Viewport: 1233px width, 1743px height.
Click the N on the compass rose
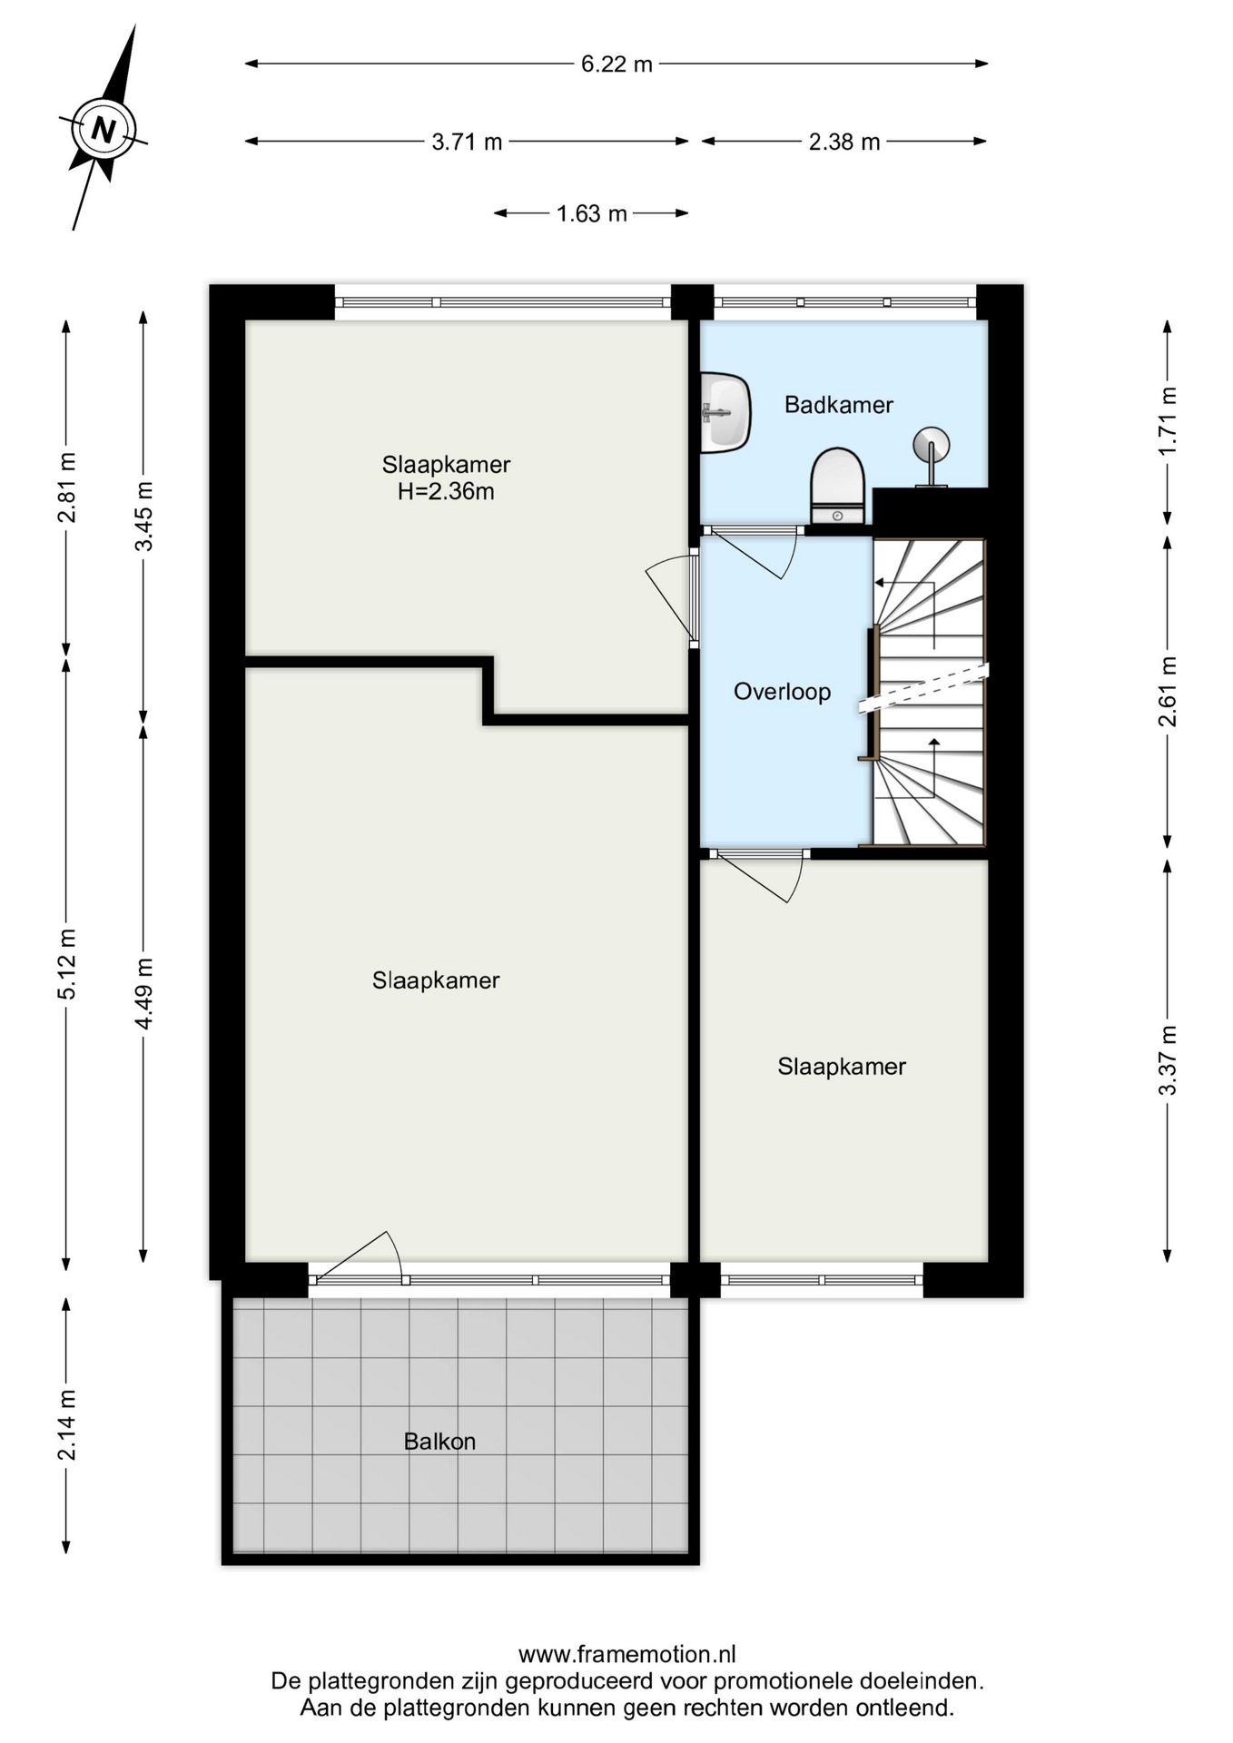pos(104,131)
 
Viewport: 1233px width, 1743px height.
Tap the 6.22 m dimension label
pos(616,64)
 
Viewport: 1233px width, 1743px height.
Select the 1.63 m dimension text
pos(591,213)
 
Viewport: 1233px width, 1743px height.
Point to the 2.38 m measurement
pos(844,142)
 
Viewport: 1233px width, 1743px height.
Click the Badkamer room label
pos(839,405)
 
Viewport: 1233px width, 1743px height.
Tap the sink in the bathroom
pos(725,413)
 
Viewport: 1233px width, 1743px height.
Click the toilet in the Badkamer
pos(837,486)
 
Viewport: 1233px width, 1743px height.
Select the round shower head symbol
pos(931,446)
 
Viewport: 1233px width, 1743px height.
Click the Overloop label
pos(782,692)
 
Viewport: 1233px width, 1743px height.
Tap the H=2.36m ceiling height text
pos(446,492)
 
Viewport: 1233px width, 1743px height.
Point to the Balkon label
pos(439,1442)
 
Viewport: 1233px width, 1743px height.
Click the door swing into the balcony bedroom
pos(359,1257)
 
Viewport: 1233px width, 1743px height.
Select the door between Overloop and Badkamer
pos(752,554)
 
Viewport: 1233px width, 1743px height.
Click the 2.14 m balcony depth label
pos(66,1425)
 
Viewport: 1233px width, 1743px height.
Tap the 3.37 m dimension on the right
pos(1168,1060)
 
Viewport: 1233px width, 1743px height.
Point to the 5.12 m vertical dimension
pos(66,964)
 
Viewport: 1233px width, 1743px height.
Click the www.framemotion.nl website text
pos(627,1654)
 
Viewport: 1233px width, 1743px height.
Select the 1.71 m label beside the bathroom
pos(1168,421)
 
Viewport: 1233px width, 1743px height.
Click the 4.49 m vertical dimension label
pos(143,993)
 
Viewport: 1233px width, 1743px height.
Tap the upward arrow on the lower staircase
pos(934,768)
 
